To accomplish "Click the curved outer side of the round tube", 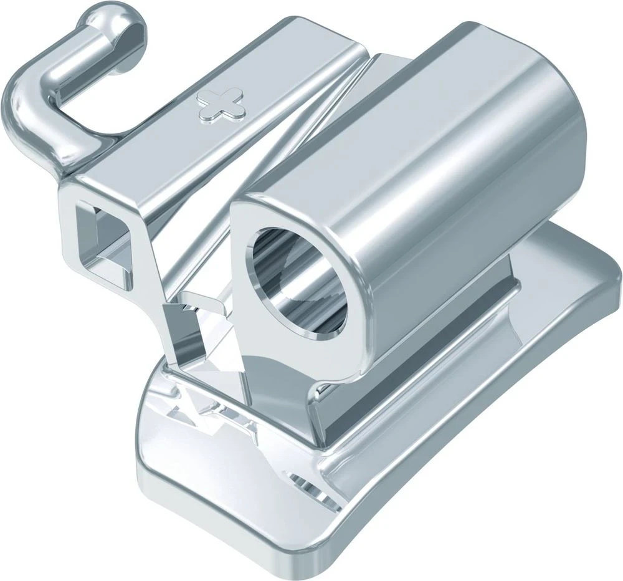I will click(436, 187).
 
